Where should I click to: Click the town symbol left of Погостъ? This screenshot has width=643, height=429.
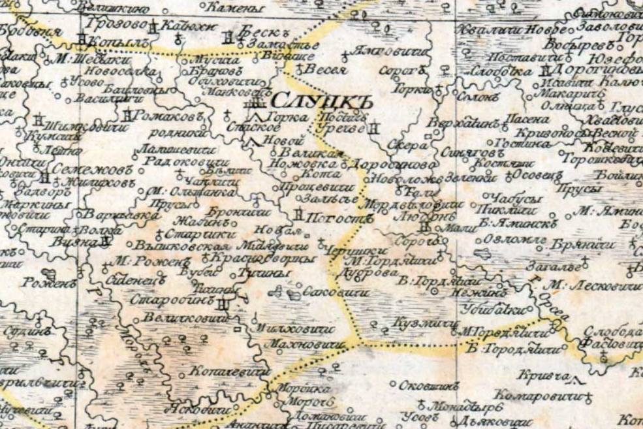[x=298, y=215]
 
